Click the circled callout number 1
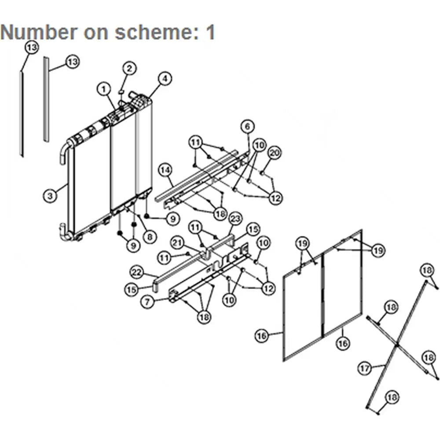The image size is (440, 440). tap(104, 89)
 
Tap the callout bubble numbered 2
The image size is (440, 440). tap(129, 69)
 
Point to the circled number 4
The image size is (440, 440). tap(165, 79)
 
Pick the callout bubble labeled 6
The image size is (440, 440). tap(247, 127)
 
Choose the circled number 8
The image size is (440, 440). tap(150, 237)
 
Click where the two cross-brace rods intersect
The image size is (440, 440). tap(397, 345)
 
